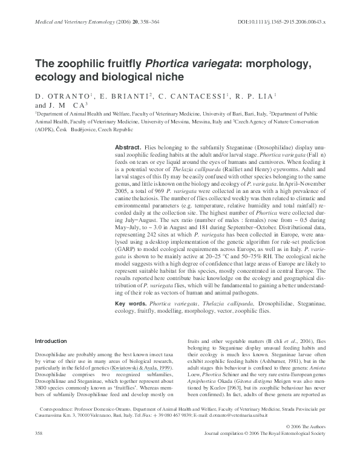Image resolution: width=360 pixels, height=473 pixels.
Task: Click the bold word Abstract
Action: point(128,148)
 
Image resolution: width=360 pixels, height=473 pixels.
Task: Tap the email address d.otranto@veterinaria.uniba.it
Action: point(259,433)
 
